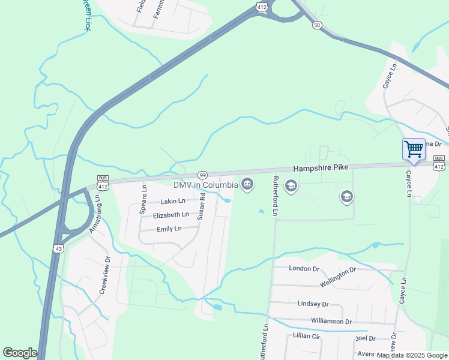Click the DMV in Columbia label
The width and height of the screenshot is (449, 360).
pyautogui.click(x=206, y=184)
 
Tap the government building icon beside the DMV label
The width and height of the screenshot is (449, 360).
pyautogui.click(x=246, y=184)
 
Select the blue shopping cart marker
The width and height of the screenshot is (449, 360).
pyautogui.click(x=414, y=148)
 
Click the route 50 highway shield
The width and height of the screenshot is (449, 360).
pyautogui.click(x=317, y=25)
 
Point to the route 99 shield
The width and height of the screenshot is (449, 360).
pyautogui.click(x=203, y=174)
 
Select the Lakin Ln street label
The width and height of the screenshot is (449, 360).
pyautogui.click(x=173, y=201)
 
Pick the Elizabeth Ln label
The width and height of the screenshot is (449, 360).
pyautogui.click(x=171, y=215)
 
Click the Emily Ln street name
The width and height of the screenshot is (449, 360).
pyautogui.click(x=169, y=229)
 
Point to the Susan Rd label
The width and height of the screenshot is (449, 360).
pyautogui.click(x=202, y=206)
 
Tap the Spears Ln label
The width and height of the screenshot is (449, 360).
pyautogui.click(x=143, y=200)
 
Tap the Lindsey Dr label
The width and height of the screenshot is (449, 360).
pyautogui.click(x=313, y=304)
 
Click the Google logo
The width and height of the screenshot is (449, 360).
pyautogui.click(x=20, y=352)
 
